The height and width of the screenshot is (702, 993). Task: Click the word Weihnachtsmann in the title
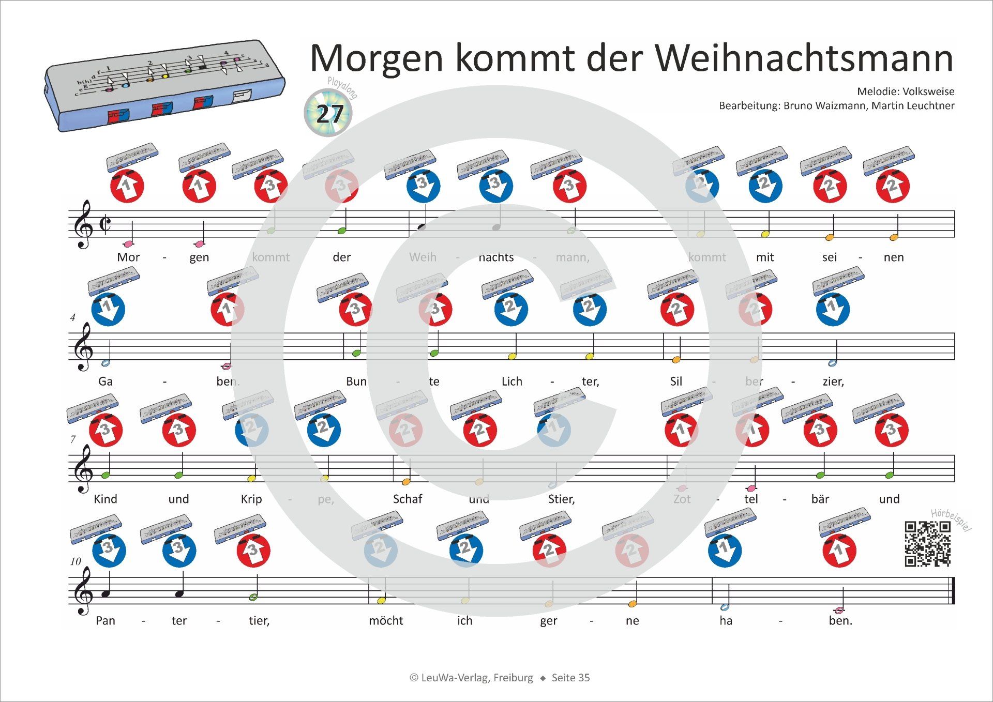[804, 58]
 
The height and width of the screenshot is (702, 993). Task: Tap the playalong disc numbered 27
[328, 113]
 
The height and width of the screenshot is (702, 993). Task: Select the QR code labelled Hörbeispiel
[927, 544]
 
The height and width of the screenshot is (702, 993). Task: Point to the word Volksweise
[928, 91]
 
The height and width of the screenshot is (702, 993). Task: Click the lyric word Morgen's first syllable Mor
[128, 257]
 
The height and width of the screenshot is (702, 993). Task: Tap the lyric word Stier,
[561, 499]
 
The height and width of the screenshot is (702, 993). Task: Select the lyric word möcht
[386, 621]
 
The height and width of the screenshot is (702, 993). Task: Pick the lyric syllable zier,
[833, 381]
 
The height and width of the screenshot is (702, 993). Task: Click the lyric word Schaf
[408, 499]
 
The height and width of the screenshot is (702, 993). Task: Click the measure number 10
[76, 561]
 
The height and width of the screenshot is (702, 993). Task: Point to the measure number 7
[73, 439]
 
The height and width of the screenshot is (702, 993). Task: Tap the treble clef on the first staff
[83, 224]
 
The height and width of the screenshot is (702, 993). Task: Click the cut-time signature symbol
[105, 224]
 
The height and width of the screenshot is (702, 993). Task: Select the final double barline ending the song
[952, 590]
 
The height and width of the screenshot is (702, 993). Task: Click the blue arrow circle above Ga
[108, 309]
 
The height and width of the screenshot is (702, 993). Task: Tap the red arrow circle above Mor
[127, 186]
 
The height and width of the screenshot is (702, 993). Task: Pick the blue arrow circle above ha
[724, 551]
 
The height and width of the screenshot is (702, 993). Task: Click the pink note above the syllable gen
[198, 243]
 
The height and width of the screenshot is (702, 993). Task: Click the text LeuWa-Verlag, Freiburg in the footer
[477, 678]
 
